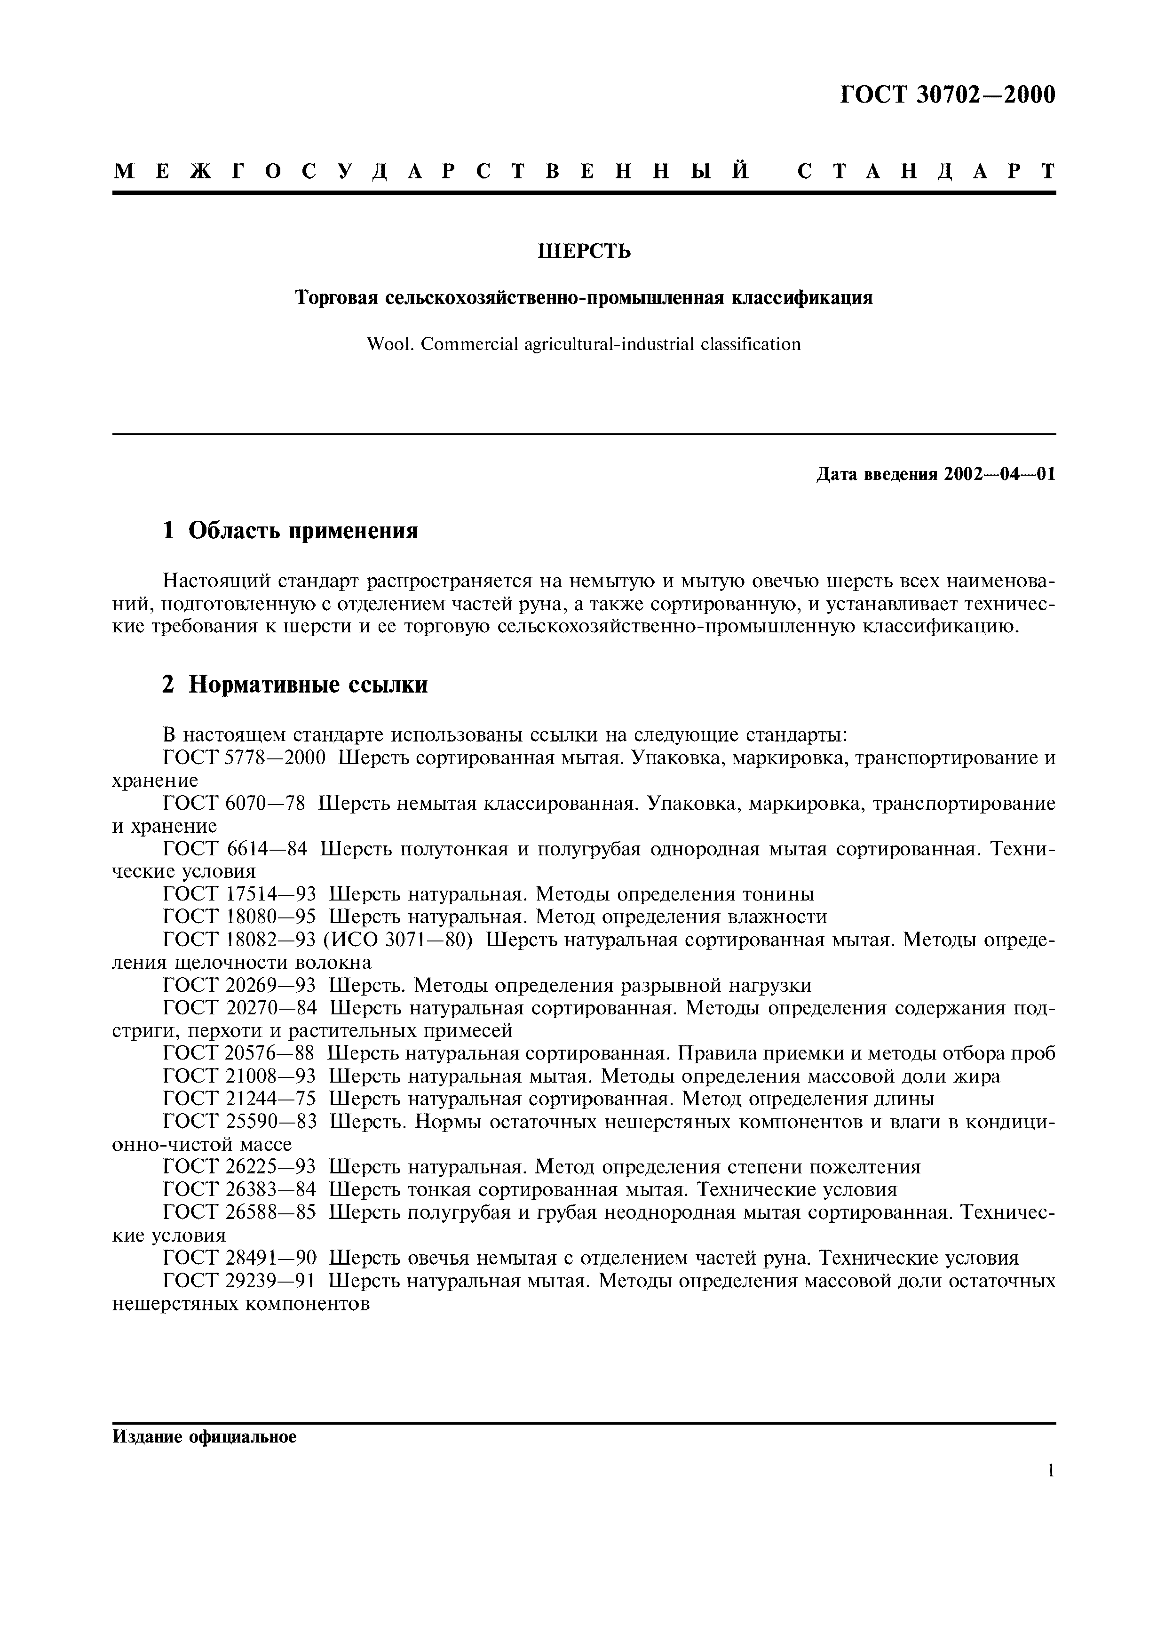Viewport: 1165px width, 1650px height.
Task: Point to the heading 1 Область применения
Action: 290,531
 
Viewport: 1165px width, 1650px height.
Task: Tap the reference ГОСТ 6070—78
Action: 234,804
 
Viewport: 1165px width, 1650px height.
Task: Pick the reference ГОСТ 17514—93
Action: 239,895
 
